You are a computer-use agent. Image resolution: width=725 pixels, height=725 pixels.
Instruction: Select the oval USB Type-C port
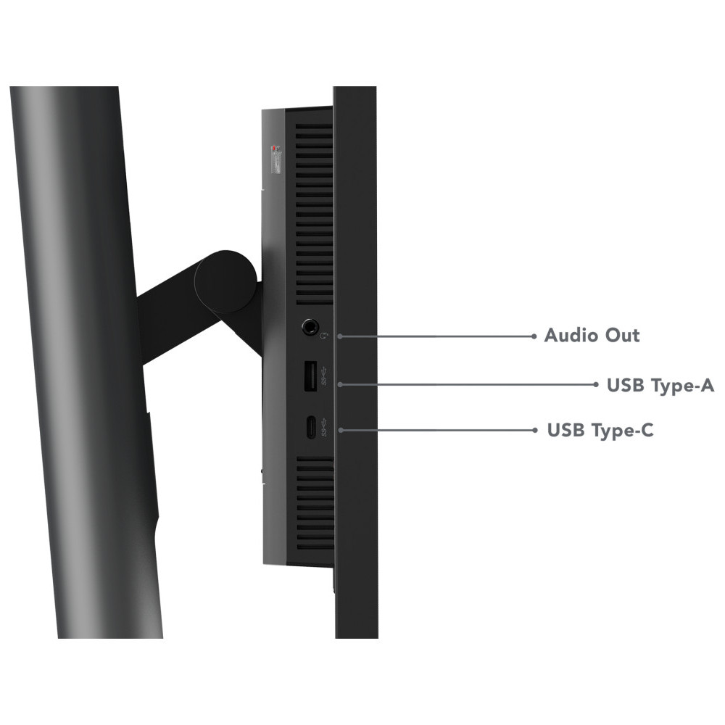(x=310, y=427)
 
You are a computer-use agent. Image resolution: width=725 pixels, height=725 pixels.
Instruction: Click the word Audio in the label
(x=571, y=335)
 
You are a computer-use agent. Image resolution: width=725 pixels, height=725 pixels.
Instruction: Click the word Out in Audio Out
(x=623, y=335)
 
